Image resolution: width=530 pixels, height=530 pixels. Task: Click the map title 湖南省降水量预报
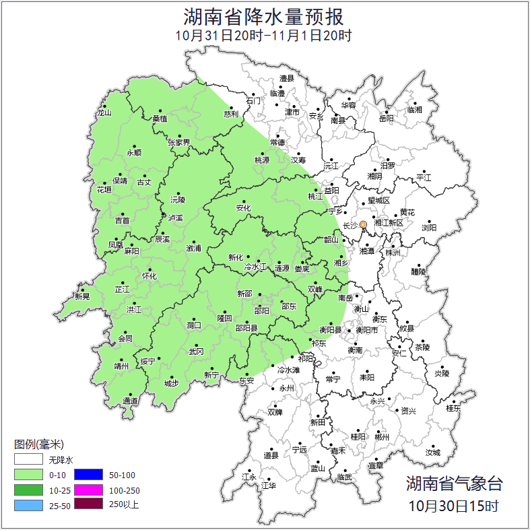coord(264,16)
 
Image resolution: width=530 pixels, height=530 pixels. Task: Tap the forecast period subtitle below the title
coord(264,36)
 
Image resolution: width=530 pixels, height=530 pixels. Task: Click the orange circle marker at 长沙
coord(364,224)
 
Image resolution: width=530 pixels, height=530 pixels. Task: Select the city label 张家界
coord(179,142)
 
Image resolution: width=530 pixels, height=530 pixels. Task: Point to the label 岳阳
coord(385,119)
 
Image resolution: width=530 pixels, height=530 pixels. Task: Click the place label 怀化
coord(149,276)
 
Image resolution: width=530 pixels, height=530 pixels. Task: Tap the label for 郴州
coord(382,437)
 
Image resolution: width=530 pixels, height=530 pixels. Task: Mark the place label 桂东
coord(453,408)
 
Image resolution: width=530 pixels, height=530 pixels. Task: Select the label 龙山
coord(104,113)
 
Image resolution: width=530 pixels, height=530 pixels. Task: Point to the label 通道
coord(131,401)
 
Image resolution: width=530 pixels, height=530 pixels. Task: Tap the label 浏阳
coord(429,228)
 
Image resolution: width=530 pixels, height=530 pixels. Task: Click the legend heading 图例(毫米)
coord(39,444)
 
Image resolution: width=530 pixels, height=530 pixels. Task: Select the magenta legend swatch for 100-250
coord(88,490)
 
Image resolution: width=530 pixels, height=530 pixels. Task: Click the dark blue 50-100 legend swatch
coord(88,475)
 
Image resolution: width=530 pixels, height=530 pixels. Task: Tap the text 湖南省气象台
coord(454,484)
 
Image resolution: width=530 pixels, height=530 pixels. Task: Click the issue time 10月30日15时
coord(454,505)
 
